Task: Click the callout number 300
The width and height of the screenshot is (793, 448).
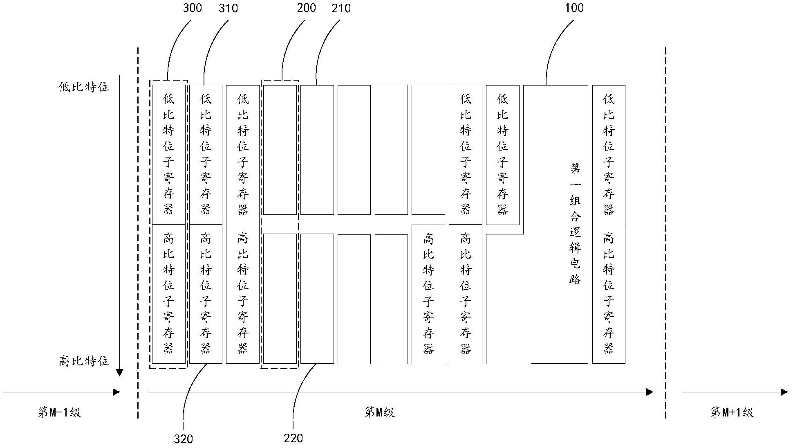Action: pyautogui.click(x=192, y=8)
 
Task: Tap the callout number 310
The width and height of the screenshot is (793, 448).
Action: pyautogui.click(x=228, y=8)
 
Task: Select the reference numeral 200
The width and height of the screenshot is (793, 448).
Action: pyautogui.click(x=306, y=8)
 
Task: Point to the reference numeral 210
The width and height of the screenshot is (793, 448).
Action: pyautogui.click(x=341, y=8)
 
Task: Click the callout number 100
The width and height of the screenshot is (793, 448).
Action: pyautogui.click(x=574, y=8)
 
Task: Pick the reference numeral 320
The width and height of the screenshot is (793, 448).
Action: pyautogui.click(x=183, y=439)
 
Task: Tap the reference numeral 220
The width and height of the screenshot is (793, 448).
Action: pyautogui.click(x=293, y=438)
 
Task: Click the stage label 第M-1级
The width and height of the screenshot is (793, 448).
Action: pyautogui.click(x=60, y=412)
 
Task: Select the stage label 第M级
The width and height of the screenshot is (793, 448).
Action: pyautogui.click(x=379, y=412)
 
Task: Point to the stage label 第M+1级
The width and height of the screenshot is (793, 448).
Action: pyautogui.click(x=732, y=412)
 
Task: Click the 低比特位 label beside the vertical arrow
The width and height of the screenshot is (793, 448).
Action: pyautogui.click(x=84, y=87)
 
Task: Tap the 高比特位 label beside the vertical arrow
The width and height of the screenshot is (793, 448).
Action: pyautogui.click(x=84, y=361)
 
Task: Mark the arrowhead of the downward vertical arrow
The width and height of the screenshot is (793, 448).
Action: pyautogui.click(x=119, y=372)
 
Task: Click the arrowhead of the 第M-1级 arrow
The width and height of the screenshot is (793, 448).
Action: pyautogui.click(x=116, y=392)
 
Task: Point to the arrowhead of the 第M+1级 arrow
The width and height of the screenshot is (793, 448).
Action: pyautogui.click(x=784, y=392)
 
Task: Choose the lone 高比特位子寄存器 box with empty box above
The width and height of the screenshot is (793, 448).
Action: pyautogui.click(x=428, y=294)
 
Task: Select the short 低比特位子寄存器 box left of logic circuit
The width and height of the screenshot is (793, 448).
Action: pyautogui.click(x=502, y=155)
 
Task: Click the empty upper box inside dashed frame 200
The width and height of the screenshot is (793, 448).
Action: pyautogui.click(x=280, y=150)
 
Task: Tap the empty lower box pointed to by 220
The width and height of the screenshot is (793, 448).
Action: pyautogui.click(x=317, y=298)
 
